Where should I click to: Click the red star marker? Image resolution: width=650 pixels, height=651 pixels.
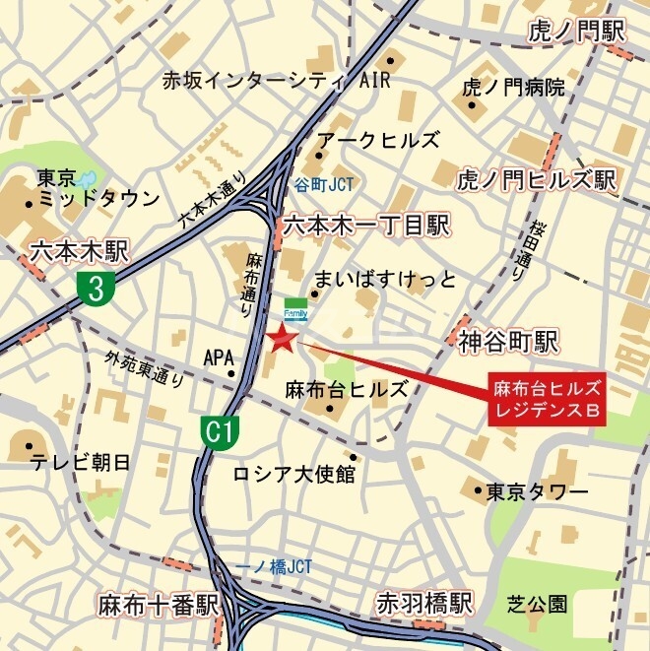coord(282,341)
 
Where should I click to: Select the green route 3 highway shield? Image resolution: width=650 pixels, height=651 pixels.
coord(96,288)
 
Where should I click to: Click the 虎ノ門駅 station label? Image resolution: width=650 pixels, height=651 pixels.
coord(576,31)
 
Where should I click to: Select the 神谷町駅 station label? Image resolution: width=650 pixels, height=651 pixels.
coord(508,342)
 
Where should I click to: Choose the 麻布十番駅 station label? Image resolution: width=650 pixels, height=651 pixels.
coord(157,603)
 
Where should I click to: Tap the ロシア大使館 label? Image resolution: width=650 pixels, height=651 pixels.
coord(292,475)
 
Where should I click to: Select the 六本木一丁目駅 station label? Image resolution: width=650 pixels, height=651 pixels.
coord(365,227)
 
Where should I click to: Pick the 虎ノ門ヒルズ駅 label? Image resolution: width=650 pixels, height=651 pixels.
coord(536,180)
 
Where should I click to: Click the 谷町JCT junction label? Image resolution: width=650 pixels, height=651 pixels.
coord(323,184)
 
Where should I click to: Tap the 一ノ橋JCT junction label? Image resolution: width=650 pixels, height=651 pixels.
coord(276,566)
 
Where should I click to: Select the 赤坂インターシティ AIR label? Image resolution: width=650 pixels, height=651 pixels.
coord(278,81)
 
